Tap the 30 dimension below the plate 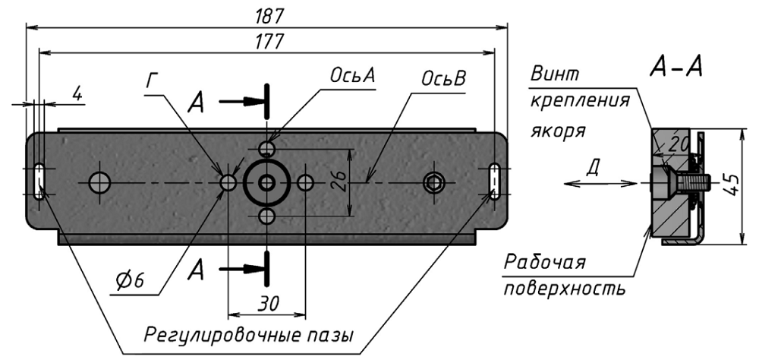266,302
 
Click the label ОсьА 353,77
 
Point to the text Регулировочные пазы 250,335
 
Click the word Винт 555,74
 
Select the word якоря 557,129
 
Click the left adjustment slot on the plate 39,182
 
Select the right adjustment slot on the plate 495,182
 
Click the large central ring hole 266,182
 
